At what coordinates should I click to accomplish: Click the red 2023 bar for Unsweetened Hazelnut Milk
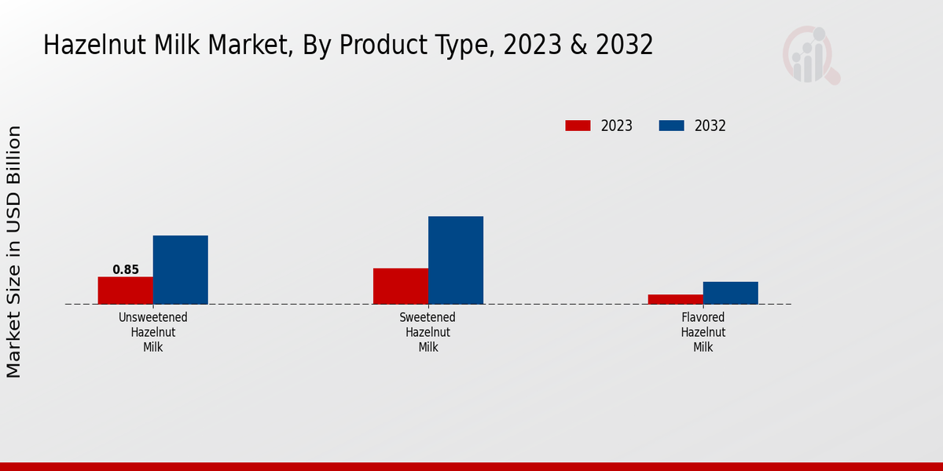point(126,290)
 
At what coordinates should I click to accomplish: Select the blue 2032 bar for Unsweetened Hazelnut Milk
point(181,269)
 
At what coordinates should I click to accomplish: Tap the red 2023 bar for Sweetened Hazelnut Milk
point(401,286)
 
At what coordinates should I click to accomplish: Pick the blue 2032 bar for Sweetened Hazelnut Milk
point(456,260)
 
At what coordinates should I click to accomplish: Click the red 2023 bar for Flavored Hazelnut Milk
point(676,299)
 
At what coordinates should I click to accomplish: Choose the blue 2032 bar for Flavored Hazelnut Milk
point(731,293)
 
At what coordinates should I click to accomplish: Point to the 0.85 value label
point(126,270)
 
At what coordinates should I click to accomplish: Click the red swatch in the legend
point(578,126)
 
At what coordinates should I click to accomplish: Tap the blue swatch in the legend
point(671,126)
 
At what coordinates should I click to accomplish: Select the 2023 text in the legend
point(617,126)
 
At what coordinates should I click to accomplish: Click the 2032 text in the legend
point(710,126)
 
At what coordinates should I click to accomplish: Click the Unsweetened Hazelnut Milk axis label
point(153,332)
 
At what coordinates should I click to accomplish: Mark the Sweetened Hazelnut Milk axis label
point(428,332)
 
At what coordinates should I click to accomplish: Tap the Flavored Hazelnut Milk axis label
point(703,332)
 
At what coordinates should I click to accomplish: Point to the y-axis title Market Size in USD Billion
point(14,251)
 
